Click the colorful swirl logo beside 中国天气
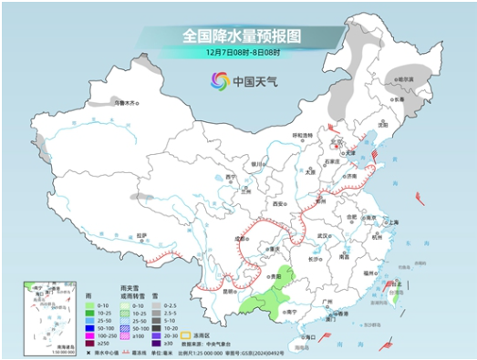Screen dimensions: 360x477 pos(220,81)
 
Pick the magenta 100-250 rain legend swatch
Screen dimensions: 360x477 pos(86,335)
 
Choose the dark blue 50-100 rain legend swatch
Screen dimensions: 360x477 pos(86,328)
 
